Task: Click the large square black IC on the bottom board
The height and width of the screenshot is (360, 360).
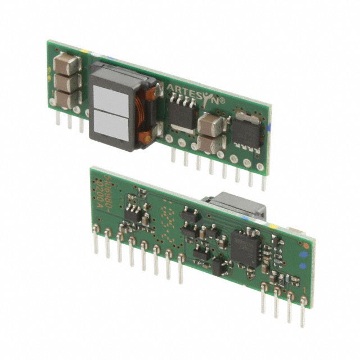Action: click(246, 246)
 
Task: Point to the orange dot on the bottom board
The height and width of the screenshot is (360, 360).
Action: click(304, 246)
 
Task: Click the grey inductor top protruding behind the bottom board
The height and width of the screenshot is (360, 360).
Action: click(225, 204)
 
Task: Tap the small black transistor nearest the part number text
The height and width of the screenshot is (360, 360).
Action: click(133, 213)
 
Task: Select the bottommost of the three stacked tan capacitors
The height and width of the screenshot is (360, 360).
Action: click(66, 98)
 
